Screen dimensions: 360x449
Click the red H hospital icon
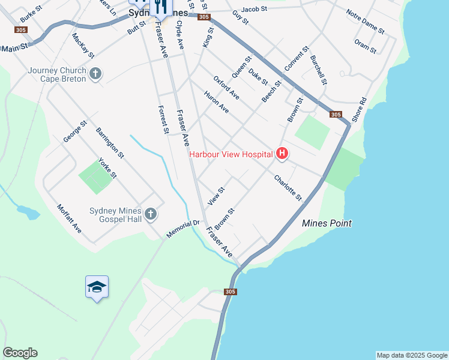point(282,154)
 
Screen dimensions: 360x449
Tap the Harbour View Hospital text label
point(231,154)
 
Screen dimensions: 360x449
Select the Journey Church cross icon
point(95,74)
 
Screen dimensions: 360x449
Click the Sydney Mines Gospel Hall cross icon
point(151,214)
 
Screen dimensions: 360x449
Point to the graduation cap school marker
point(97,287)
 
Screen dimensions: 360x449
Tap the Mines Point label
point(326,223)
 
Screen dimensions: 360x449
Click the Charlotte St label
point(288,188)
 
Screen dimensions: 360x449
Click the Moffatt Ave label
point(69,219)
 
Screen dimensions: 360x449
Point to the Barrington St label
point(110,142)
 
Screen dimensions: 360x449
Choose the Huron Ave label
point(216,102)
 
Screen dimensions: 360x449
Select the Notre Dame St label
point(365,20)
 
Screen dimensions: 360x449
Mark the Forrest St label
point(163,119)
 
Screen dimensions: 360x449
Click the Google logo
point(20,353)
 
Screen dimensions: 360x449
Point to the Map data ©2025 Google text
point(412,355)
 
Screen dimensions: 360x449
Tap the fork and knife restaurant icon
point(160,7)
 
